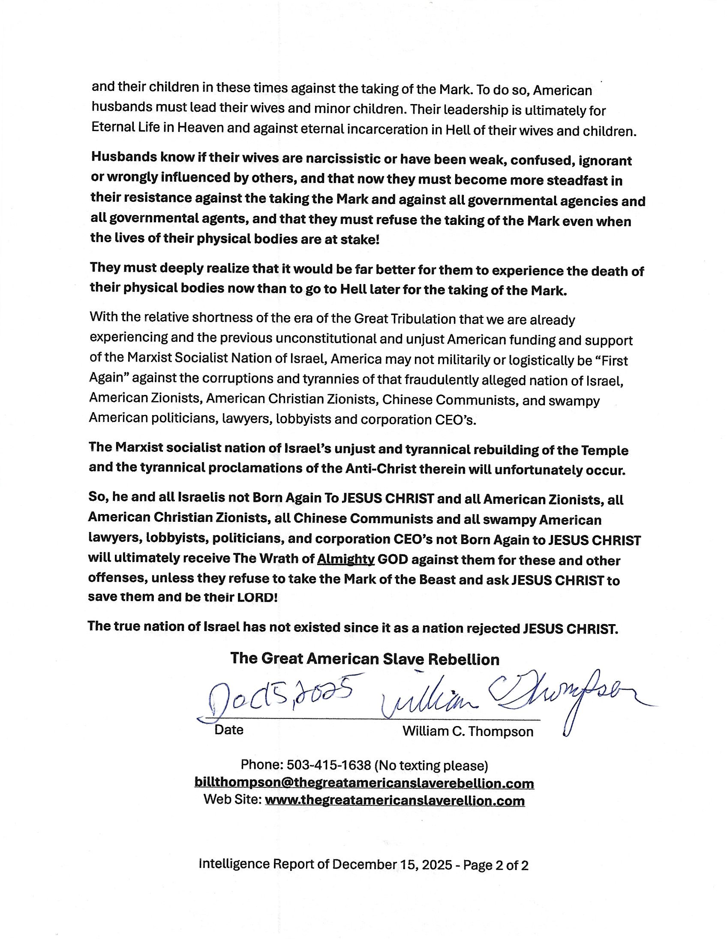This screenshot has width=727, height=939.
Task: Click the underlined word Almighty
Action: pos(346,559)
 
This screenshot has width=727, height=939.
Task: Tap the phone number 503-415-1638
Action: pos(329,766)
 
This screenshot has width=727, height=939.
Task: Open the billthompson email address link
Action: pos(364,783)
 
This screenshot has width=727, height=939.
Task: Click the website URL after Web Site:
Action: pos(394,800)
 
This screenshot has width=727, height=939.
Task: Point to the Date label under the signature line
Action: pos(229,730)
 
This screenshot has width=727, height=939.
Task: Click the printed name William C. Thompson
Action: pos(468,731)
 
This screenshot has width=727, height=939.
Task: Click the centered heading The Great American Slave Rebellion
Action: pos(364,659)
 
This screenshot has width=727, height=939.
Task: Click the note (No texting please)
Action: pos(431,766)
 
